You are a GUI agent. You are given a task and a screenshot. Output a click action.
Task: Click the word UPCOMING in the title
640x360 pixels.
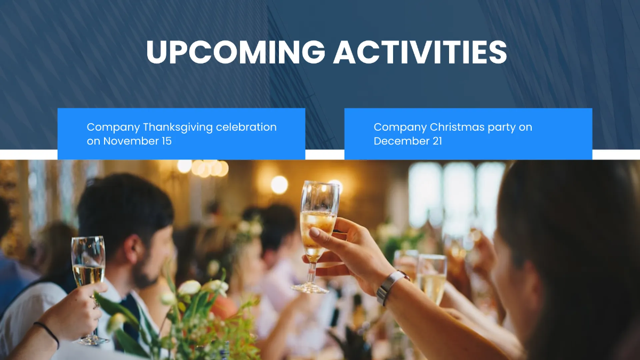[235, 52]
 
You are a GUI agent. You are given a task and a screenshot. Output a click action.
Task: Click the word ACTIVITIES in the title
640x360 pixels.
[420, 52]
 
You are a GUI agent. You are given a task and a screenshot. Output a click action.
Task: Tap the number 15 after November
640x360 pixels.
[166, 141]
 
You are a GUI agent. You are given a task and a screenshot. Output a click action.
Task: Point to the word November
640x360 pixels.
[130, 141]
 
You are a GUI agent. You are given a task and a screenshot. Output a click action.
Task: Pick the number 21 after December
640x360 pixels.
[437, 141]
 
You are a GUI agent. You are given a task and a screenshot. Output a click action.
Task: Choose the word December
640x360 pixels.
[401, 141]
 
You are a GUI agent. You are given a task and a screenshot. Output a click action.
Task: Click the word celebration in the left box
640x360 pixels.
[246, 127]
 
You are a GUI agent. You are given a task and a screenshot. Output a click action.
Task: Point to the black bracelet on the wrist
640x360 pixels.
[47, 334]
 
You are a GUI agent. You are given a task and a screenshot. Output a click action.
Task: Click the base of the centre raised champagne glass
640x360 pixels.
[309, 288]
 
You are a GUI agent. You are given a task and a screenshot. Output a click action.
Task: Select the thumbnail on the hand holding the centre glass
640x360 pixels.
[315, 231]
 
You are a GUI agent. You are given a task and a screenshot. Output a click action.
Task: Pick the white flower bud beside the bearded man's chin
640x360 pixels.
[189, 287]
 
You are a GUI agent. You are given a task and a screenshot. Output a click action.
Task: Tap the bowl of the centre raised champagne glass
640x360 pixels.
[318, 220]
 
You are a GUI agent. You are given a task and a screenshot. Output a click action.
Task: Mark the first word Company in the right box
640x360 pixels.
[400, 127]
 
